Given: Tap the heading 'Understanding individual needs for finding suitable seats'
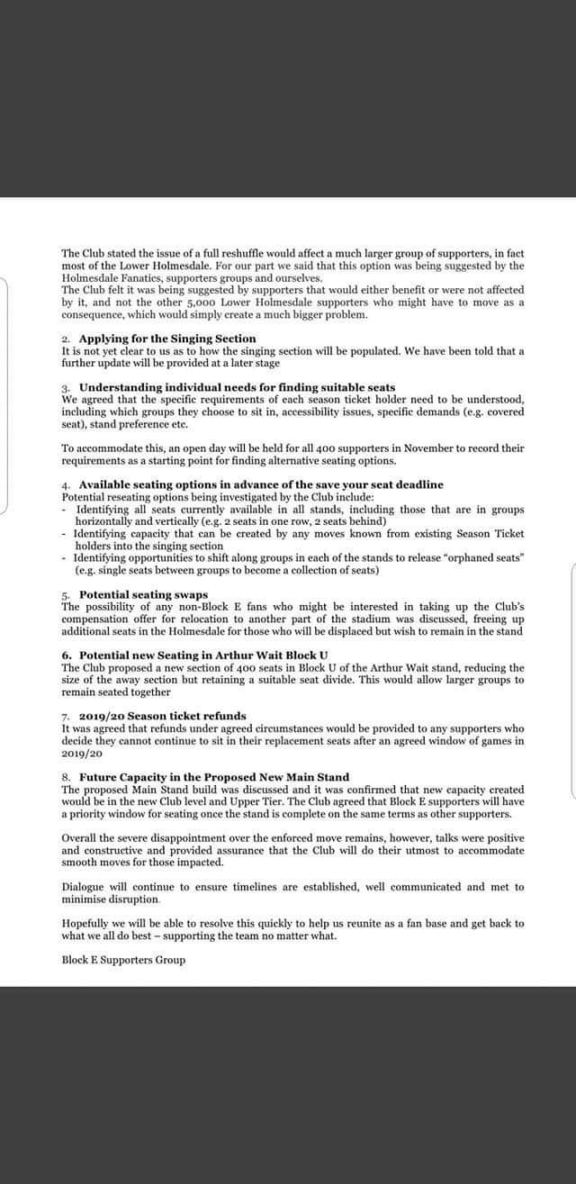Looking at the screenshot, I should (237, 387).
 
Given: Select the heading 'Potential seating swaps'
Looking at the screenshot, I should (143, 595).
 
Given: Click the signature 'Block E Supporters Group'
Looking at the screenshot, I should (123, 960).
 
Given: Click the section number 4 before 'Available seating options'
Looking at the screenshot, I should (65, 484).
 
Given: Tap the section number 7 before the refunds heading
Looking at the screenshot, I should (65, 716).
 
